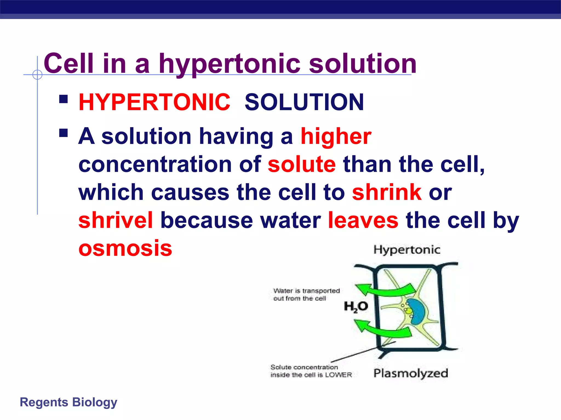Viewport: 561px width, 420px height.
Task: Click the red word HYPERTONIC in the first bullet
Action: [x=154, y=102]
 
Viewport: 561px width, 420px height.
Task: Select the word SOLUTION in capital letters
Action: [x=304, y=102]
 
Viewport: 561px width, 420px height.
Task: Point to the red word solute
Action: [x=302, y=164]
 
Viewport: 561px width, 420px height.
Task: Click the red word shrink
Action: [x=387, y=192]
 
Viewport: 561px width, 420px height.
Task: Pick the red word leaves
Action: [x=363, y=220]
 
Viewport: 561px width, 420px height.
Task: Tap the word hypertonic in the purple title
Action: [x=230, y=64]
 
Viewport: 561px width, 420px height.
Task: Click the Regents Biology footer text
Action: [x=68, y=402]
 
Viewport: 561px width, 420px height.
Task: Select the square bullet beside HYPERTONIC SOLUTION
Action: [x=64, y=99]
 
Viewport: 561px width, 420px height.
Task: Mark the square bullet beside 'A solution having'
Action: [x=64, y=133]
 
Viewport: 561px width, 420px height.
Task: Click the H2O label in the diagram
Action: [x=356, y=306]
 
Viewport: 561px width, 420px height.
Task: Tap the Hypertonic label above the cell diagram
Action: [x=407, y=250]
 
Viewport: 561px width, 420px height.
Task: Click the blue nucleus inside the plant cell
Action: [x=417, y=312]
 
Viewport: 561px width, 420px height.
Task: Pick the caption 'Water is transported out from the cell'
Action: [x=306, y=294]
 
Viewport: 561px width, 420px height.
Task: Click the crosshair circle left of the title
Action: [x=37, y=75]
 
